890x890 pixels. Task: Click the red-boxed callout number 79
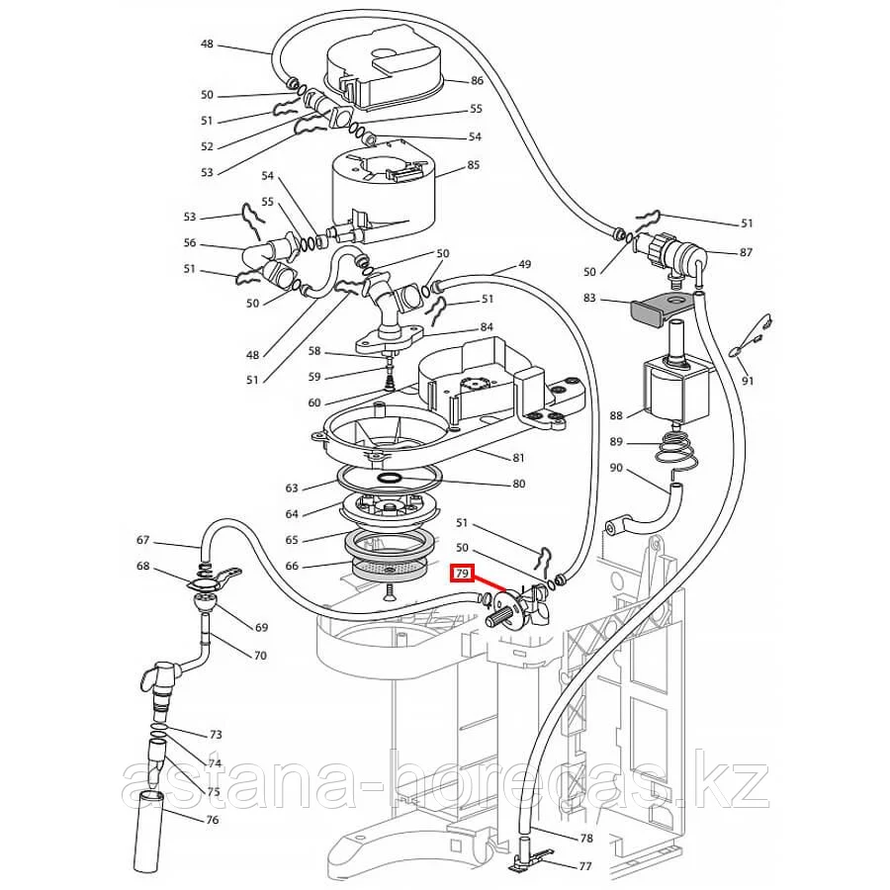462,574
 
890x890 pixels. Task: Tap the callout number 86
477,80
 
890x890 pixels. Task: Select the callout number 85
473,164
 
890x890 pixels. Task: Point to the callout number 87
745,252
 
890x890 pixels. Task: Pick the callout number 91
747,381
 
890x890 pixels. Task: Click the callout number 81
518,457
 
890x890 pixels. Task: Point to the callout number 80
518,484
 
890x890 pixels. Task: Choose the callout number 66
291,565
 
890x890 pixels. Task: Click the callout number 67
143,540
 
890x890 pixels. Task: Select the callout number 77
585,866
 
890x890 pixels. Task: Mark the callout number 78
585,838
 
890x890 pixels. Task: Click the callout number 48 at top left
207,44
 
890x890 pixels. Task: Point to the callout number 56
191,243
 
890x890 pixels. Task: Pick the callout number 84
486,327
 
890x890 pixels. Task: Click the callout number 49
524,264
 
